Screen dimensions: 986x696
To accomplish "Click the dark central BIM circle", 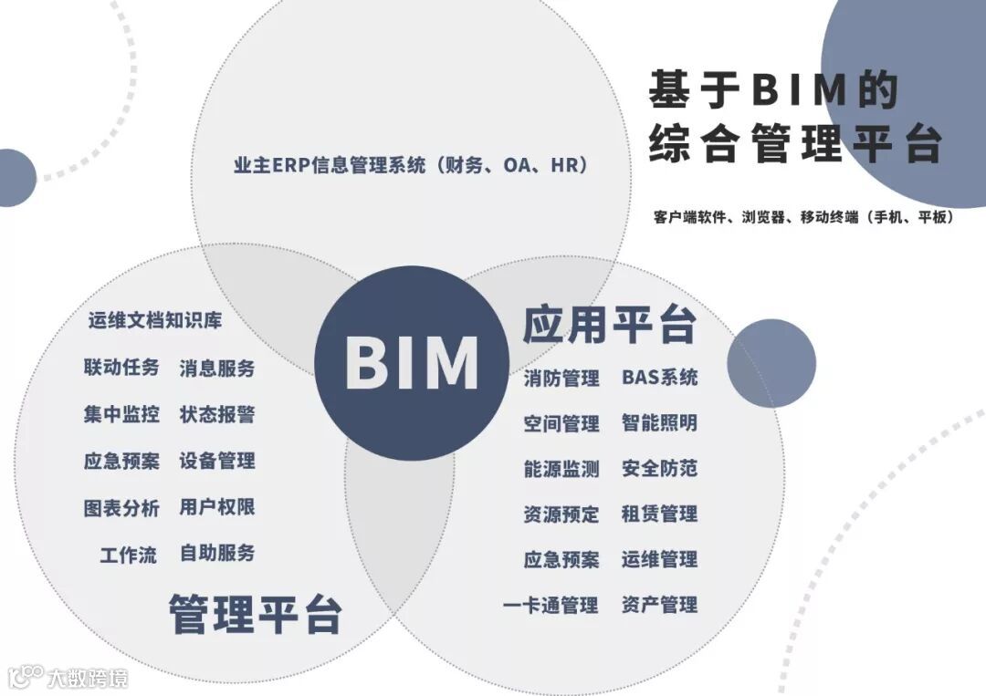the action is [411, 363].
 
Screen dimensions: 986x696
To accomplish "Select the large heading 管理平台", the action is [255, 613].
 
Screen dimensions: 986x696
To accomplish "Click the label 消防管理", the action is [561, 378].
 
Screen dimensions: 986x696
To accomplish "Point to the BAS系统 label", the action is [659, 378].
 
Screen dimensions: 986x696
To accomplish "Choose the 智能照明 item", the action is [659, 423].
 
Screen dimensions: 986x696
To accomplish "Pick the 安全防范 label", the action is [659, 469].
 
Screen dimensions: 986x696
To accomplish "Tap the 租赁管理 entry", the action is [659, 514].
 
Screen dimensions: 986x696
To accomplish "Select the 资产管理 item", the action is [659, 605].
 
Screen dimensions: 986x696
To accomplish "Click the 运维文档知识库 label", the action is [155, 321].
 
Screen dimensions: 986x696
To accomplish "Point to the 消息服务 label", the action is [217, 369].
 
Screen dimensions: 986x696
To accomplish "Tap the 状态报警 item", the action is [217, 415].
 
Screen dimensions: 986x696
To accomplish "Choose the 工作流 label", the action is [128, 554].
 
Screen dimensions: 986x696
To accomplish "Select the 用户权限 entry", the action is [217, 507].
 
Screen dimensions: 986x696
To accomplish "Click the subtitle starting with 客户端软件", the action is [803, 218].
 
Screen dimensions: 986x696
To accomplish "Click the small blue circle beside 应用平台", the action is [771, 363].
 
